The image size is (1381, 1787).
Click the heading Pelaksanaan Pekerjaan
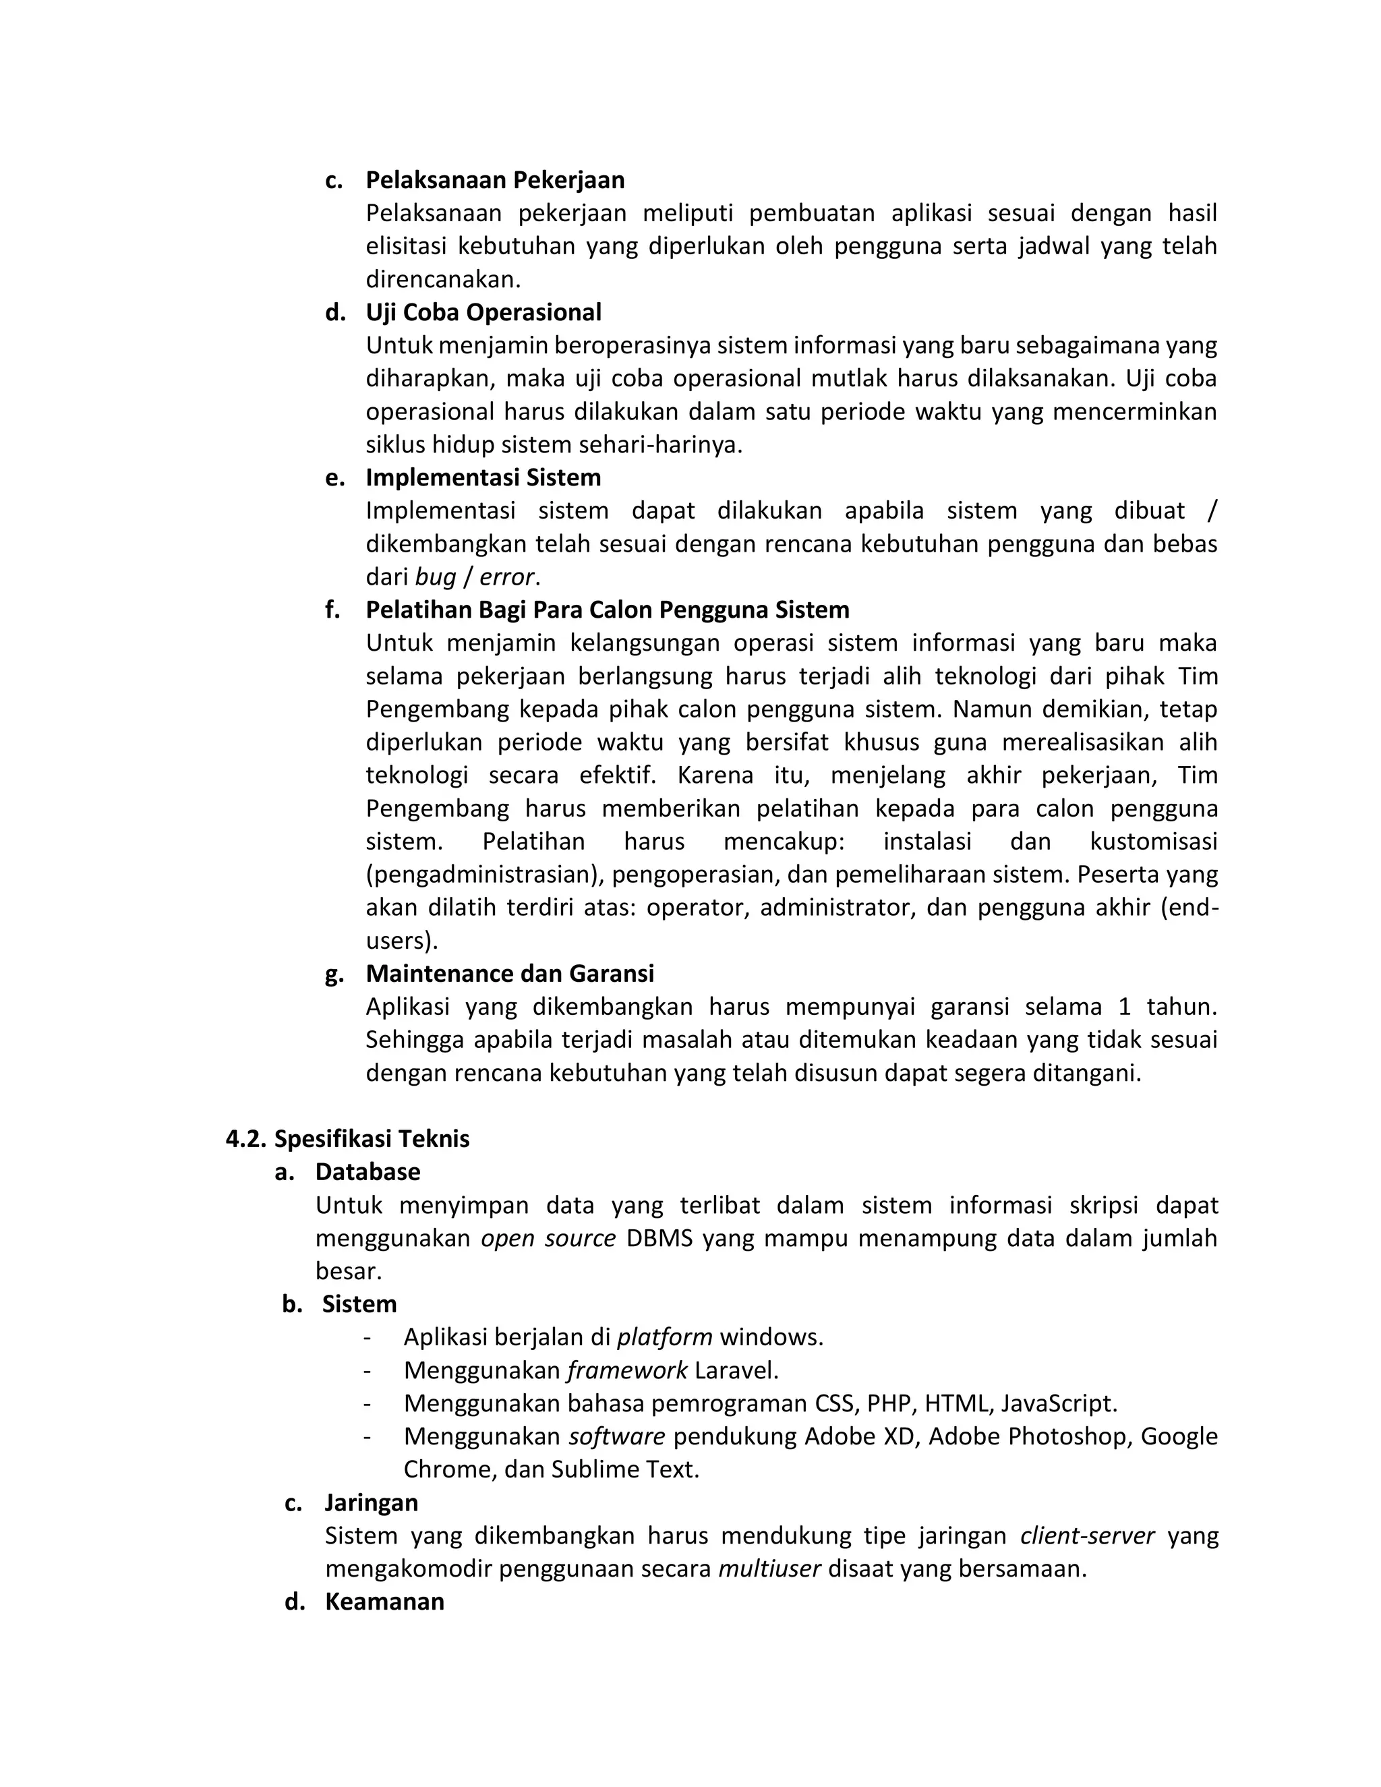point(494,180)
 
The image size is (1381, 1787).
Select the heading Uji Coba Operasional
point(483,313)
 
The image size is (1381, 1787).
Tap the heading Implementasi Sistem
point(483,478)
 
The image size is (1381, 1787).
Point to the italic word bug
point(434,578)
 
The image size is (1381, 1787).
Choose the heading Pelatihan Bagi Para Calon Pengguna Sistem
point(607,610)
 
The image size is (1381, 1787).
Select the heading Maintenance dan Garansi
point(510,974)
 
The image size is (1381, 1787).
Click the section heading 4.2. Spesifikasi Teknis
point(348,1139)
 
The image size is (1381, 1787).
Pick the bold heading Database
point(368,1173)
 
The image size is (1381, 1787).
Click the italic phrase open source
point(548,1239)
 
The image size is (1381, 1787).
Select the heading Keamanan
point(384,1602)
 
